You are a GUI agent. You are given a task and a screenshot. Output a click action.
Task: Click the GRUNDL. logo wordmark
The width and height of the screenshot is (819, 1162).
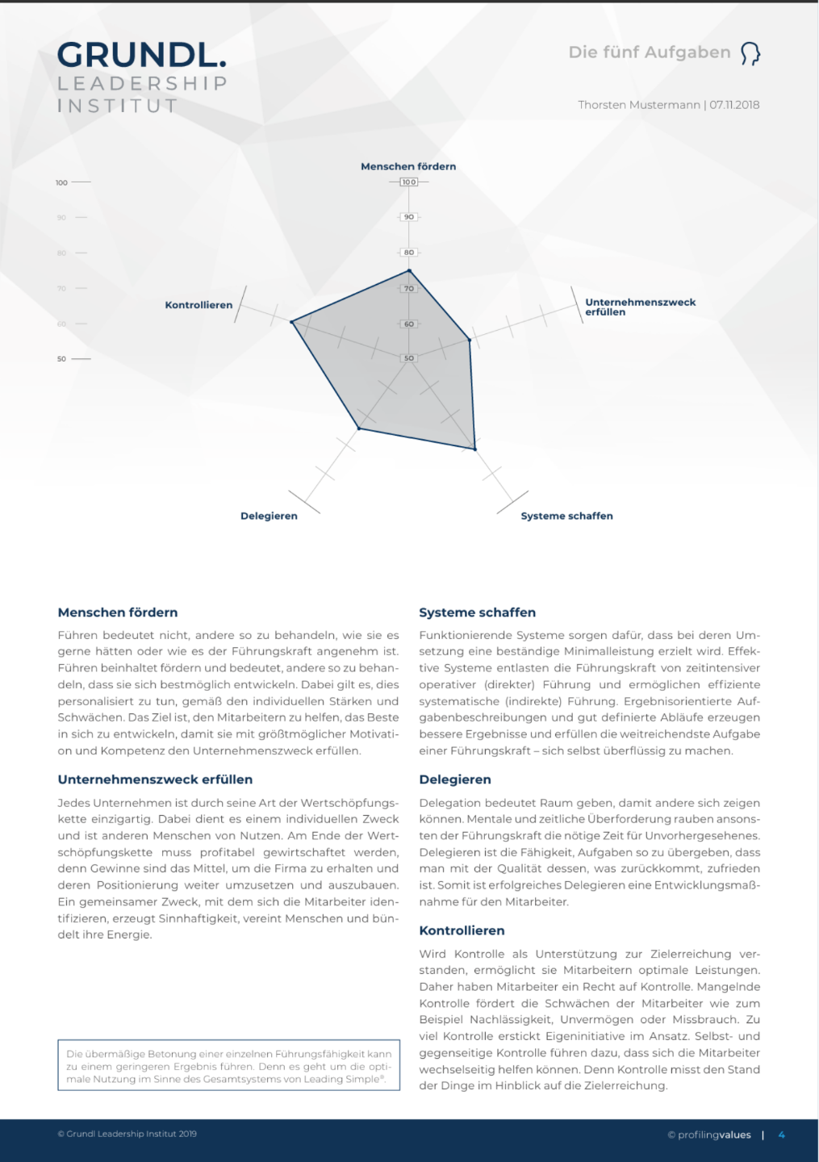[x=141, y=55]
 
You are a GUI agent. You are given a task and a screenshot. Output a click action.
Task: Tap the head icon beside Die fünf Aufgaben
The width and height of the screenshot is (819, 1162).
[x=750, y=53]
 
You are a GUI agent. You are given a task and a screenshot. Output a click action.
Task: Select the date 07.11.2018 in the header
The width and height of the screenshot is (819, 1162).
[x=734, y=105]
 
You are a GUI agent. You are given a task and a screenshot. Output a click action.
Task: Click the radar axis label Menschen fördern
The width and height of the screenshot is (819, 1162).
[x=408, y=166]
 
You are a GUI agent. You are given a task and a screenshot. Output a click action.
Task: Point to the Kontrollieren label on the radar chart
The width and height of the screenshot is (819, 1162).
[x=198, y=305]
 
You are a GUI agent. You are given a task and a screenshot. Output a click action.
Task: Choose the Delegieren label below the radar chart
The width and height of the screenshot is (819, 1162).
[x=269, y=516]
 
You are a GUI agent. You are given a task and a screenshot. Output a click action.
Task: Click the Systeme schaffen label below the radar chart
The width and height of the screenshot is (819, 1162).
[x=566, y=516]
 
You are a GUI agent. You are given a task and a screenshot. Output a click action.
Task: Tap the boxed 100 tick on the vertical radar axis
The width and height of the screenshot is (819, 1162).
[x=409, y=182]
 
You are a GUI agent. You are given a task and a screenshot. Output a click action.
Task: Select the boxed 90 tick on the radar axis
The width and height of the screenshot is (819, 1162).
[x=409, y=217]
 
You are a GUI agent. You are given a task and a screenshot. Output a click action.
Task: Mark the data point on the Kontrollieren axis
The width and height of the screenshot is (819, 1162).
[x=292, y=322]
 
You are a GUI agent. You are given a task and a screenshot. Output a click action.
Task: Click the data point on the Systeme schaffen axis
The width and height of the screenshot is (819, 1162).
[x=475, y=449]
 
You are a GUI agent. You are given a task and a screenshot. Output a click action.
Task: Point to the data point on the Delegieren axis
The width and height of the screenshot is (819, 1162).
[x=359, y=428]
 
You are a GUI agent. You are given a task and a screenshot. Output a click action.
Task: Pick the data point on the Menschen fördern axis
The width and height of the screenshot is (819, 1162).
[x=409, y=271]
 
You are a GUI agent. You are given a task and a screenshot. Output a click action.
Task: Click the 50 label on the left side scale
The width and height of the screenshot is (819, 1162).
[x=61, y=358]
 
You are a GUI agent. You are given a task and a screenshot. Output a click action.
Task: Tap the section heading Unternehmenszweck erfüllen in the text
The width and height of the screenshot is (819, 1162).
[x=155, y=780]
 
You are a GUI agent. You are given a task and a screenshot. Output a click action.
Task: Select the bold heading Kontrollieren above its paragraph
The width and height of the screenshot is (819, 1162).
[x=462, y=930]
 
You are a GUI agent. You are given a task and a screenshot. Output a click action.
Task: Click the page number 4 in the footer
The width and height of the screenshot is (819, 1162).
[x=781, y=1135]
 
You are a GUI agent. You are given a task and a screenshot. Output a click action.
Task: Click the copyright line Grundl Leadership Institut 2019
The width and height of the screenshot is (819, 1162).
[x=127, y=1134]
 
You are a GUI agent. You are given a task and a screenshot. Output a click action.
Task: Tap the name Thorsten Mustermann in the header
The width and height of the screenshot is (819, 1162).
[x=638, y=105]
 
